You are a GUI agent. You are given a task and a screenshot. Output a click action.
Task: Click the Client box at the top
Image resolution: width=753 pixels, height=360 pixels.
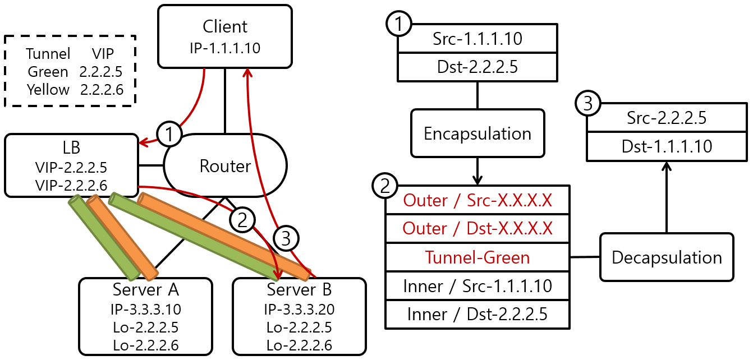click(225, 36)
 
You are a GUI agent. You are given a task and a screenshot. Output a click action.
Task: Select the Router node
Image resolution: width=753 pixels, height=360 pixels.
click(225, 166)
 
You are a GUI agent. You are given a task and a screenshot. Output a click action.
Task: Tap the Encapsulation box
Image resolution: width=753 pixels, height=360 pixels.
click(477, 133)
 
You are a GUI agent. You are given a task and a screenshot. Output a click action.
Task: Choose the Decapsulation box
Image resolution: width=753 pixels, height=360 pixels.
click(667, 257)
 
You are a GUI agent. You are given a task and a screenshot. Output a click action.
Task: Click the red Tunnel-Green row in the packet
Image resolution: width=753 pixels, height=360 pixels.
click(477, 257)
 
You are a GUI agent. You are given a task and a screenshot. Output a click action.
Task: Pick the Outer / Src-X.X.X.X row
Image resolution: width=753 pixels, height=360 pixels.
click(477, 200)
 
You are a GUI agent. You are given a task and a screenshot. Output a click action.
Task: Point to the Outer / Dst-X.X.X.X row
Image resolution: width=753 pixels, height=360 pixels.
click(477, 228)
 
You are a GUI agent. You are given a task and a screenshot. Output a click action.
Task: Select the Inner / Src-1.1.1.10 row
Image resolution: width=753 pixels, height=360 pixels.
click(477, 286)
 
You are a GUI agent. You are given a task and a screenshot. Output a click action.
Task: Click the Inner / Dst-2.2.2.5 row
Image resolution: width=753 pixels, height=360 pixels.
click(477, 315)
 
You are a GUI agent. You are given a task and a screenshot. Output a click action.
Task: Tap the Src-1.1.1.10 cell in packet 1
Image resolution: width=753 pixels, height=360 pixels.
click(477, 39)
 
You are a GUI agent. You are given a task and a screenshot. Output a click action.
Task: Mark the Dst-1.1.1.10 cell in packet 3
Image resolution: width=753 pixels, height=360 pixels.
click(667, 146)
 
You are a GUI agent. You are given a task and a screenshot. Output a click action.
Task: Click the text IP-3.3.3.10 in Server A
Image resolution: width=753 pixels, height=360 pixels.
click(146, 309)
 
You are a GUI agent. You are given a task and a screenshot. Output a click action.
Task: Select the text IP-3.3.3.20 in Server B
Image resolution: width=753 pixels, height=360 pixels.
click(299, 309)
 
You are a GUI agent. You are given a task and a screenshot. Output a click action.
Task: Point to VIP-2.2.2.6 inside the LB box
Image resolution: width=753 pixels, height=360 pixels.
click(71, 184)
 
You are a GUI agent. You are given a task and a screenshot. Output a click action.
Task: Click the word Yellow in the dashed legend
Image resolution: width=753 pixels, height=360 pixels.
click(48, 90)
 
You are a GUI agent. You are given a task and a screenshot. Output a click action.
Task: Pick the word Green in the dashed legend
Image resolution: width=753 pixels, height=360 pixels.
click(48, 72)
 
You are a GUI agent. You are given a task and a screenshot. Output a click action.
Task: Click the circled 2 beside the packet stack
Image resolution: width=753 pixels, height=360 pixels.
click(385, 186)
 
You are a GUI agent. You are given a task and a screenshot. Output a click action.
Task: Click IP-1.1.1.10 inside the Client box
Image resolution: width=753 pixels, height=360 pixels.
click(225, 48)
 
